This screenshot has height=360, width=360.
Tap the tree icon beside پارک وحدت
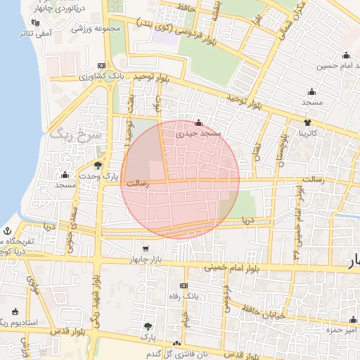[98, 166]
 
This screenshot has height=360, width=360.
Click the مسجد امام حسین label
[331, 66]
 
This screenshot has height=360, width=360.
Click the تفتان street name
[257, 149]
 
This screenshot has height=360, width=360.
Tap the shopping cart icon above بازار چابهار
[146, 248]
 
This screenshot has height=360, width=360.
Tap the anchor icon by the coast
[7, 231]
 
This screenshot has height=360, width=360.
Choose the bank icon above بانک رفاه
[184, 285]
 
